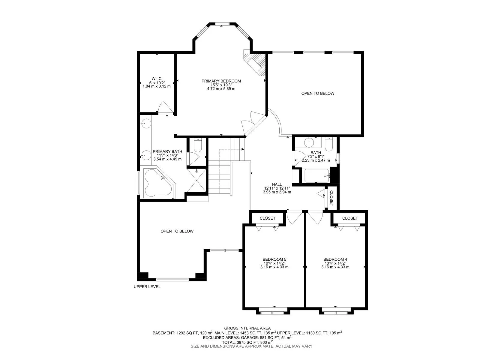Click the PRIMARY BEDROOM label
(x=221, y=81)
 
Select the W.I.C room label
(x=157, y=79)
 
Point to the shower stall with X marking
(x=196, y=180)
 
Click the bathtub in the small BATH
(x=317, y=176)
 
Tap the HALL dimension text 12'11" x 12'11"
(x=277, y=188)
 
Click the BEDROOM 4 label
(x=335, y=259)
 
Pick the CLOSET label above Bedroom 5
(x=267, y=218)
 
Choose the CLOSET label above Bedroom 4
(x=350, y=218)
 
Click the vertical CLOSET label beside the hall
(x=331, y=198)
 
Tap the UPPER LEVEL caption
(x=147, y=286)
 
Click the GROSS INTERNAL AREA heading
(x=247, y=328)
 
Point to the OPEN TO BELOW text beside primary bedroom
(x=318, y=93)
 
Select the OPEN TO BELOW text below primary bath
(x=177, y=231)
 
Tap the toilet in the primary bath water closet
(x=198, y=146)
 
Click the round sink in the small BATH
(x=309, y=142)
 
